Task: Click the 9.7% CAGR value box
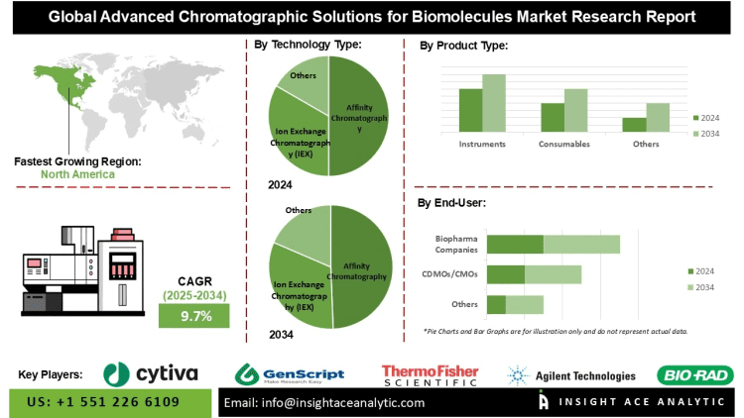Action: pos(194,316)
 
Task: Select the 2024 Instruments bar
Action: pos(470,109)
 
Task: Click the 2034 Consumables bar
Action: pos(575,109)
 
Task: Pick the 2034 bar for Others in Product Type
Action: pos(658,117)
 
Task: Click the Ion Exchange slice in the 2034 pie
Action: pos(298,287)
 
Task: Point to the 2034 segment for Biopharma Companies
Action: pos(581,244)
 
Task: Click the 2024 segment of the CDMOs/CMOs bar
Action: pos(506,274)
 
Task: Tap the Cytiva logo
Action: pos(151,373)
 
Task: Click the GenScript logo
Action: pos(289,374)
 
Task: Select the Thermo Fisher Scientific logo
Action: pos(430,374)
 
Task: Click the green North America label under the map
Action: pos(77,174)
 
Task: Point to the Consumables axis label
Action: pos(564,144)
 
